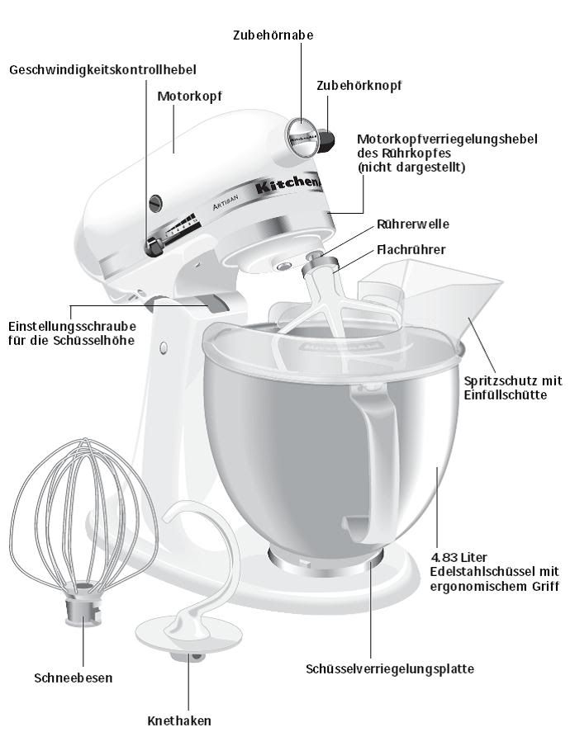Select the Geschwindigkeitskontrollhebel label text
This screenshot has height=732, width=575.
point(103,70)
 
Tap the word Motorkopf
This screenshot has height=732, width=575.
point(189,96)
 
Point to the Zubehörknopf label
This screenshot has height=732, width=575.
point(359,85)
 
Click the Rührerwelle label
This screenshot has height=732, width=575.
point(413,224)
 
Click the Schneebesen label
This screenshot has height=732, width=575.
point(74,678)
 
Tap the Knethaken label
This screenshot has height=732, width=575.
point(179,720)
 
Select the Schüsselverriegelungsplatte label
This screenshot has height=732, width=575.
point(390,668)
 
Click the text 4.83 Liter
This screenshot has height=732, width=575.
point(463,557)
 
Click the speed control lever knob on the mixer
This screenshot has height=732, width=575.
point(153,245)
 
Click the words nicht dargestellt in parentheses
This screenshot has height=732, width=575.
point(411,168)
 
